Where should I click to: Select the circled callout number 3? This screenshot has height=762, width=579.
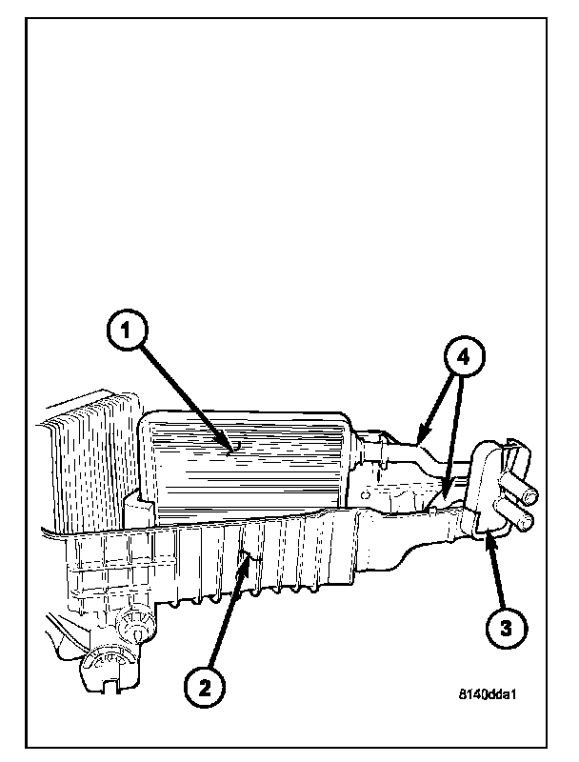[505, 627]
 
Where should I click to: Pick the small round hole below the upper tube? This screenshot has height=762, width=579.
[366, 495]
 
